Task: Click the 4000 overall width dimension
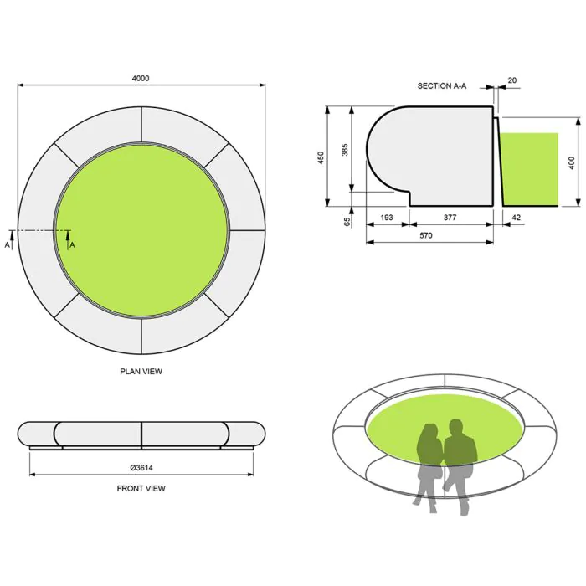(x=141, y=78)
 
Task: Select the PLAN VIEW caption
(x=141, y=371)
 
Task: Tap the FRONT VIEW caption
(x=141, y=488)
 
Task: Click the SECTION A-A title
(x=442, y=86)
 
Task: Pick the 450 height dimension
(x=321, y=157)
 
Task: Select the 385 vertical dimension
(x=344, y=151)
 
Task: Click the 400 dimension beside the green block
(x=572, y=162)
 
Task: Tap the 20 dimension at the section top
(x=511, y=81)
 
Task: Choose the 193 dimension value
(x=387, y=218)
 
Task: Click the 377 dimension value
(x=450, y=218)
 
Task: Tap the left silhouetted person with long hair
(x=429, y=465)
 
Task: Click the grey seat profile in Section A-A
(x=435, y=155)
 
